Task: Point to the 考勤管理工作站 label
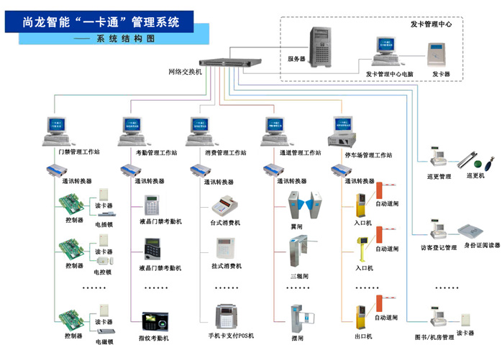[x=156, y=154]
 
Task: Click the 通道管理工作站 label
[x=301, y=154]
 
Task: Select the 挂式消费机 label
[x=227, y=267]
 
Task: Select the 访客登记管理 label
[x=438, y=248]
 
